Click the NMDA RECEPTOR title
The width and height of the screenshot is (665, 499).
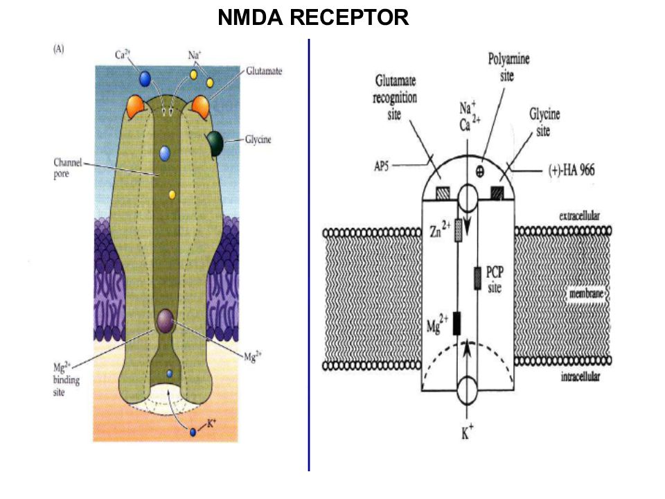313,18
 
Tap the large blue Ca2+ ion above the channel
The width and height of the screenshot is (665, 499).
145,78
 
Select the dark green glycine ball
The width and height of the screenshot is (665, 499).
215,143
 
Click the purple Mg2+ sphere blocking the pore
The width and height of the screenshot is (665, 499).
165,321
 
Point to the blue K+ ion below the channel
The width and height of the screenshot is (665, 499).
193,432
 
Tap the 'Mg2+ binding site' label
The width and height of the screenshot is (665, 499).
66,379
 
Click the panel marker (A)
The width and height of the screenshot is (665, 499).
58,49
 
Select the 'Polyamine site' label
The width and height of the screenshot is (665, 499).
508,67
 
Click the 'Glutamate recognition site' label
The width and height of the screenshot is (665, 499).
395,98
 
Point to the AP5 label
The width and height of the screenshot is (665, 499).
381,166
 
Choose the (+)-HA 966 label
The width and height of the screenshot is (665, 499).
571,170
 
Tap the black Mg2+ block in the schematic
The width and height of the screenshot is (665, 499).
456,324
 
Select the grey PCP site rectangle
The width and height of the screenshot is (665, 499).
477,279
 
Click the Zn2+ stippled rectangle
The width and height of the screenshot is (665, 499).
458,230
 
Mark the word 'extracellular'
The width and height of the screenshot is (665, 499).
579,216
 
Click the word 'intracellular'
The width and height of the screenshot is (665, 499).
580,376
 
